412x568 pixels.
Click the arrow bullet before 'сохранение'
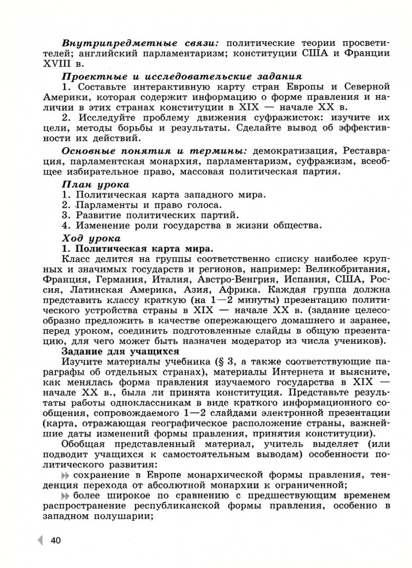point(66,475)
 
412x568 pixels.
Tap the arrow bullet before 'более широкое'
point(66,496)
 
